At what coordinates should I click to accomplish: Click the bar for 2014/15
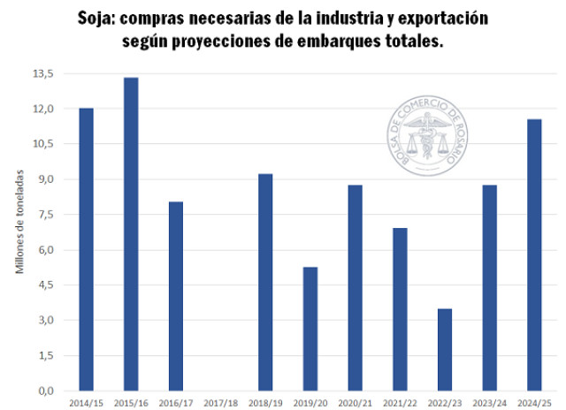[87, 249]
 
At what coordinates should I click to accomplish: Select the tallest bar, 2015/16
[131, 234]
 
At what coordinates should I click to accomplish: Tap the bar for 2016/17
[176, 296]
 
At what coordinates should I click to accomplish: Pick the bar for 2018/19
[265, 282]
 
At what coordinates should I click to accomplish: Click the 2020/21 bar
[356, 287]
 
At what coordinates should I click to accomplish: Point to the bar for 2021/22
[400, 309]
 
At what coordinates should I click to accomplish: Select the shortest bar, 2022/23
[445, 349]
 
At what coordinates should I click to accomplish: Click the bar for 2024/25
[534, 254]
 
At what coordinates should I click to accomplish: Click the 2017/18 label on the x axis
[220, 402]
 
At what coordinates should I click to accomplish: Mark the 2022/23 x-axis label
[445, 402]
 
